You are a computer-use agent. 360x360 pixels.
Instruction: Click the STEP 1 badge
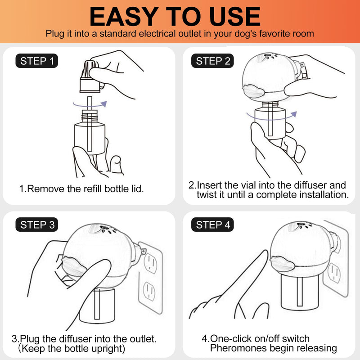(x=37, y=61)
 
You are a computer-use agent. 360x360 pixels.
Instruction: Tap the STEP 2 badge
(x=212, y=61)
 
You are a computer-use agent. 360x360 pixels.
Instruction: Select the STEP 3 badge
(x=37, y=225)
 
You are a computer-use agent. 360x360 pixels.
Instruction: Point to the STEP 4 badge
(x=212, y=225)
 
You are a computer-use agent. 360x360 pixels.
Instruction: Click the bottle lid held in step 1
(x=90, y=76)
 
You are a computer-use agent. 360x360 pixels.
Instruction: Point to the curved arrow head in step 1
(x=104, y=104)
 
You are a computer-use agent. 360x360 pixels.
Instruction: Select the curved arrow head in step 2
(x=294, y=114)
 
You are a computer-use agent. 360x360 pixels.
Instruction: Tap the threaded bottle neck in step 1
(x=90, y=116)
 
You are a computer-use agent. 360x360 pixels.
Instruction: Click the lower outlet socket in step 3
(x=149, y=291)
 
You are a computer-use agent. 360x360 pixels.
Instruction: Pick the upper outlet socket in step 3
(x=150, y=263)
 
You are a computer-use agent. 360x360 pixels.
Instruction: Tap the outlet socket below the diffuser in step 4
(x=334, y=273)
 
